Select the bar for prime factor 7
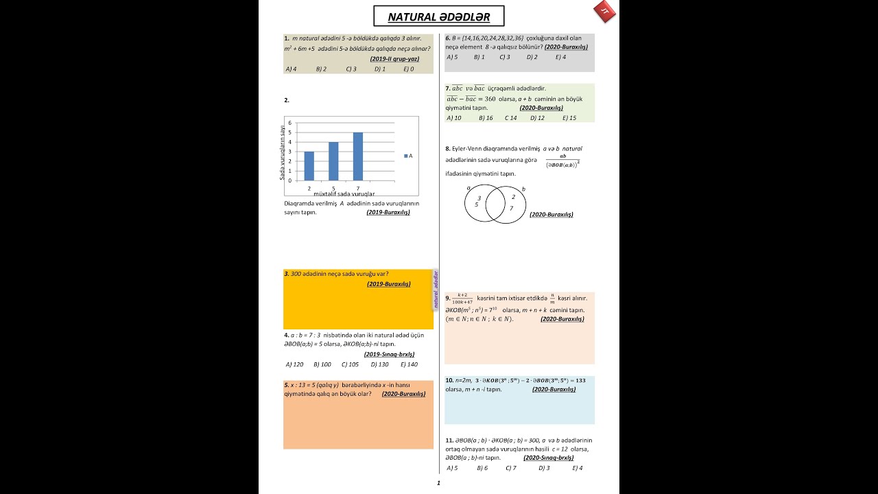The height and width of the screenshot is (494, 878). coord(358,156)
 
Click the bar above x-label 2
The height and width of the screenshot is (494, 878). coord(309,166)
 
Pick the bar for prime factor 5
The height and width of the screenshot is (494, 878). coord(333,161)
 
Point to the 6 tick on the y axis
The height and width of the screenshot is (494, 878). coord(289,123)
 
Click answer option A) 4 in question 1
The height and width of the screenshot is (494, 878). coord(291,69)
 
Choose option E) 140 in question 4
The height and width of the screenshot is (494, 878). coord(409,364)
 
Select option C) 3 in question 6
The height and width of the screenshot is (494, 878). coord(505,57)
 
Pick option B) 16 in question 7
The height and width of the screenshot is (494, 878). coord(486,118)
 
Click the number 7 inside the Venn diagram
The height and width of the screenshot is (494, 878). coord(511,208)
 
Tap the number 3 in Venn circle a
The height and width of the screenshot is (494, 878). coord(479,198)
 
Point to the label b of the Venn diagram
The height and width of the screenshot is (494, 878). coord(523,189)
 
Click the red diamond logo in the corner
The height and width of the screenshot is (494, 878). coord(604,12)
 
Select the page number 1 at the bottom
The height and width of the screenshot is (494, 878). coord(438,483)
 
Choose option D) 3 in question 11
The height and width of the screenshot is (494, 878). coord(543,468)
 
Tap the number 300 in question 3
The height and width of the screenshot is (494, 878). coord(296,274)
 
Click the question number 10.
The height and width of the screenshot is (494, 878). coord(449,380)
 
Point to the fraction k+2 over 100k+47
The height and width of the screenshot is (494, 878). coord(462,298)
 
